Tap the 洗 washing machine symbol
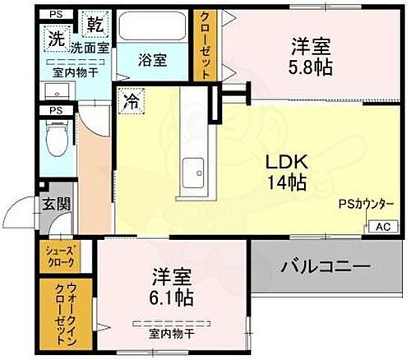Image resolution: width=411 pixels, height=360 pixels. (56, 37)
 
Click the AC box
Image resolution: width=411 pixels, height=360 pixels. (383, 226)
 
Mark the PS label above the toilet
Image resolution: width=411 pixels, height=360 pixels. (56, 111)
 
